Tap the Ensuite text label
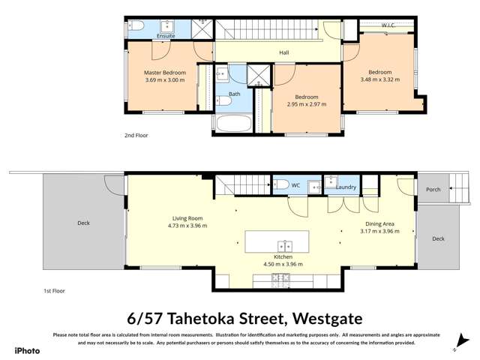click(x=166, y=35)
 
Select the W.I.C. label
click(x=388, y=25)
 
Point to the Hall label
click(x=284, y=52)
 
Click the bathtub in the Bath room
click(x=234, y=123)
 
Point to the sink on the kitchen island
click(x=285, y=244)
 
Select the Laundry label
click(x=346, y=187)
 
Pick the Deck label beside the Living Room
click(x=83, y=223)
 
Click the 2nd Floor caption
click(x=136, y=136)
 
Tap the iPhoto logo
click(x=28, y=349)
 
